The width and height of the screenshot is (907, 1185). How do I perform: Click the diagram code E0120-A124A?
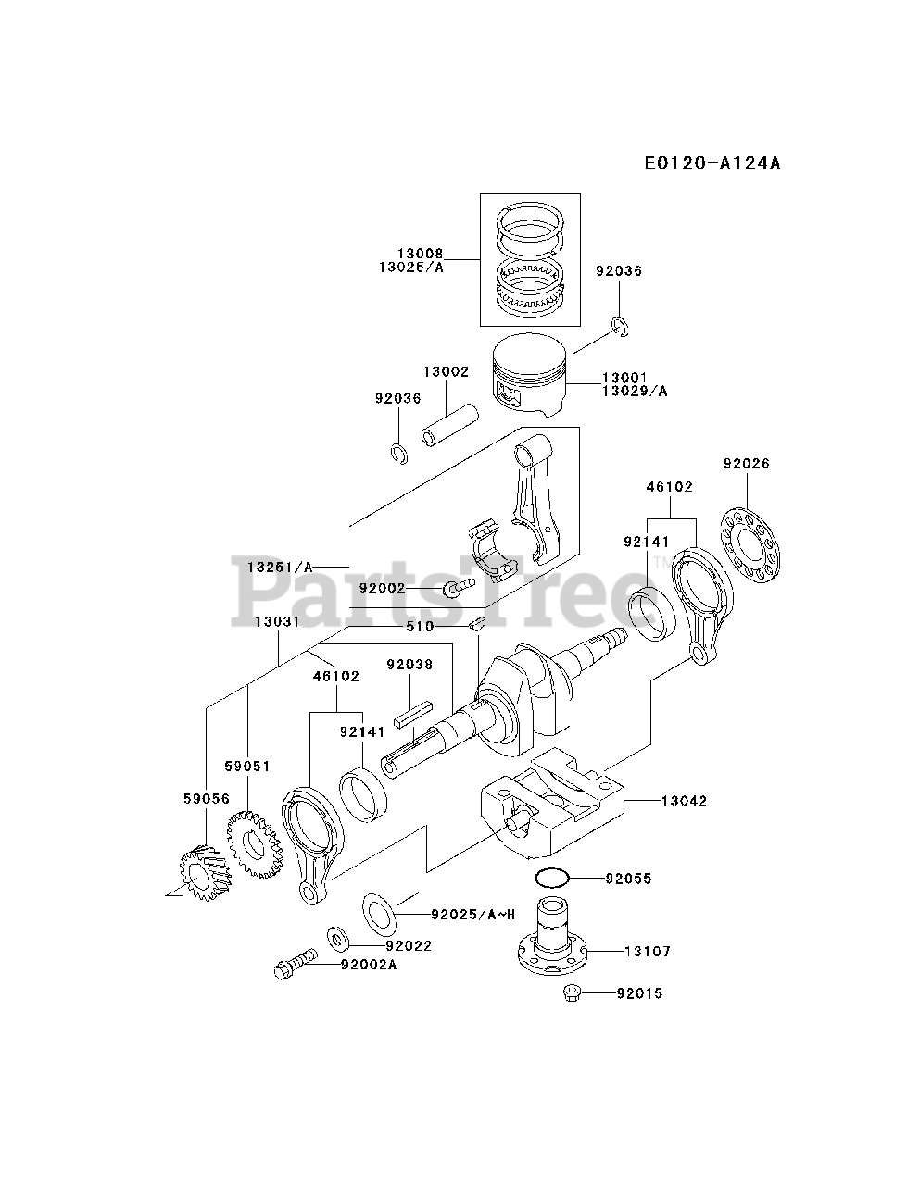(712, 163)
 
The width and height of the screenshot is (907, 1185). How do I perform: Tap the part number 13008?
(422, 254)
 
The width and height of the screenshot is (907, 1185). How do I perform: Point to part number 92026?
(747, 463)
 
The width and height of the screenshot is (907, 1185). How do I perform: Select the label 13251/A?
(280, 566)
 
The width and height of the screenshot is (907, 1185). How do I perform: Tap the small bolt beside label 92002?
(458, 587)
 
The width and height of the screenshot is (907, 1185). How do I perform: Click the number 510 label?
(420, 627)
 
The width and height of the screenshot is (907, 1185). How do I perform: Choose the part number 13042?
(684, 801)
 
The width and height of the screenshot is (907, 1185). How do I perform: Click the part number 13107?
(648, 951)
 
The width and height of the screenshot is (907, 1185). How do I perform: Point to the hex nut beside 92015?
(572, 993)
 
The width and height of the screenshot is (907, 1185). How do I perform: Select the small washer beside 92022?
(338, 941)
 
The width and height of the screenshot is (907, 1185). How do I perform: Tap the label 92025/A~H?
(472, 915)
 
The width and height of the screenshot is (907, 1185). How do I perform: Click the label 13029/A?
(635, 391)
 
